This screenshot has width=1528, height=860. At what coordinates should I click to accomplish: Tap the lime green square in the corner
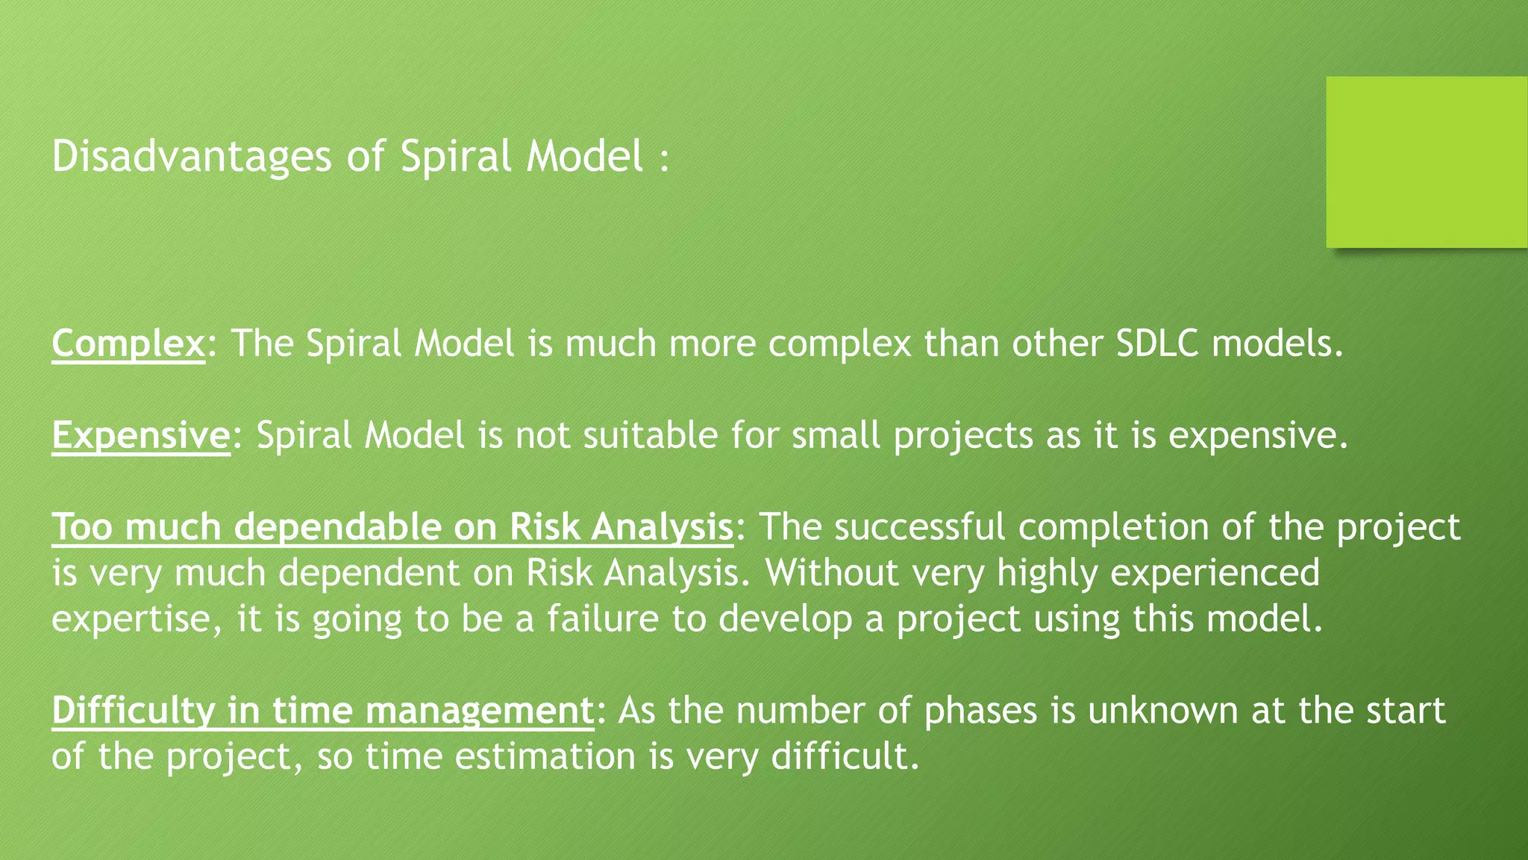(x=1426, y=162)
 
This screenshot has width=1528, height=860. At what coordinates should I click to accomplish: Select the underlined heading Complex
(x=128, y=344)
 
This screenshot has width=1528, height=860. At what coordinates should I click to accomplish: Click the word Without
(x=832, y=573)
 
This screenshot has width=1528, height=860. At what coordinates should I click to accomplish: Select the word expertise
(x=131, y=620)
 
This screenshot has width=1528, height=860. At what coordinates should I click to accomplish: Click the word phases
(x=980, y=711)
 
